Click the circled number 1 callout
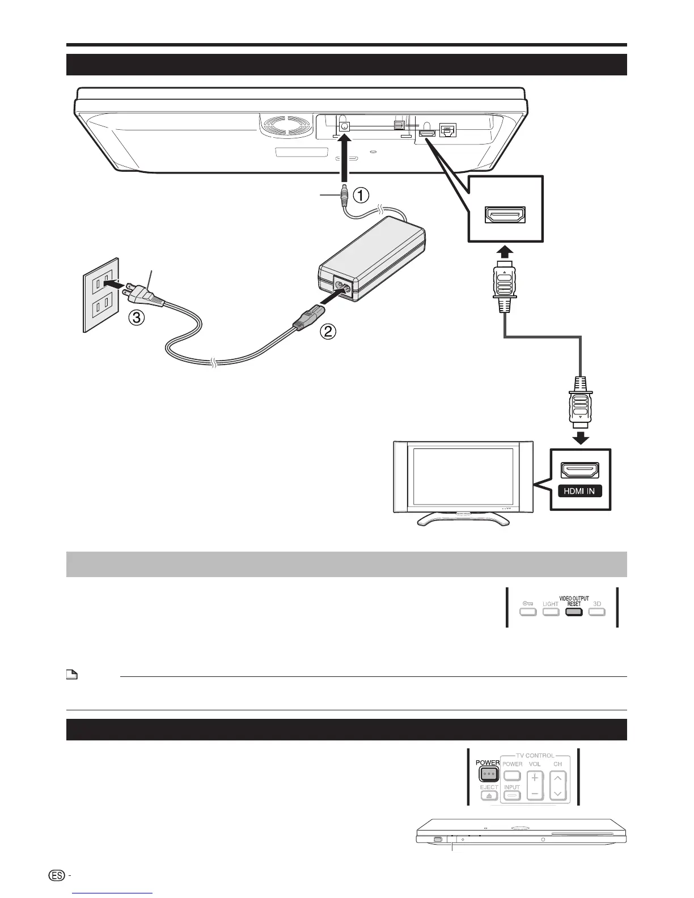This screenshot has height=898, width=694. pyautogui.click(x=362, y=196)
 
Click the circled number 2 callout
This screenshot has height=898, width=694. pyautogui.click(x=328, y=333)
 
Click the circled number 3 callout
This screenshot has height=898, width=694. pyautogui.click(x=134, y=319)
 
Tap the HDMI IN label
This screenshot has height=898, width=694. pyautogui.click(x=579, y=491)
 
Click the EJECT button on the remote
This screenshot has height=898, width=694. pyautogui.click(x=489, y=795)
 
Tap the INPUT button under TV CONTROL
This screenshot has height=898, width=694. pyautogui.click(x=512, y=795)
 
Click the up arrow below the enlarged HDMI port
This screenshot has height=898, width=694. pyautogui.click(x=505, y=252)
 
